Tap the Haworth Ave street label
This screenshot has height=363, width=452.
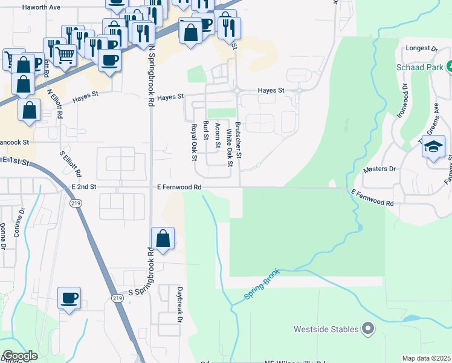pyautogui.click(x=41, y=8)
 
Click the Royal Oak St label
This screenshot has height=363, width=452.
pyautogui.click(x=195, y=143)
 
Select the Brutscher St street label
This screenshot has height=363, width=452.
pyautogui.click(x=238, y=140)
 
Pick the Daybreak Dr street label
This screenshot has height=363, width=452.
pyautogui.click(x=179, y=312)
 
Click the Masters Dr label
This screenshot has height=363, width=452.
pyautogui.click(x=379, y=169)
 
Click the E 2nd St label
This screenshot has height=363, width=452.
pyautogui.click(x=83, y=188)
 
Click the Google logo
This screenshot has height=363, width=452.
pyautogui.click(x=20, y=356)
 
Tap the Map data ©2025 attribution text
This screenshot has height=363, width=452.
pyautogui.click(x=425, y=358)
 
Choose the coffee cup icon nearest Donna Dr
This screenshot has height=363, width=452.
pyautogui.click(x=69, y=298)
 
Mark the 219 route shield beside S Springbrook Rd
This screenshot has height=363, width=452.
pyautogui.click(x=117, y=298)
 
